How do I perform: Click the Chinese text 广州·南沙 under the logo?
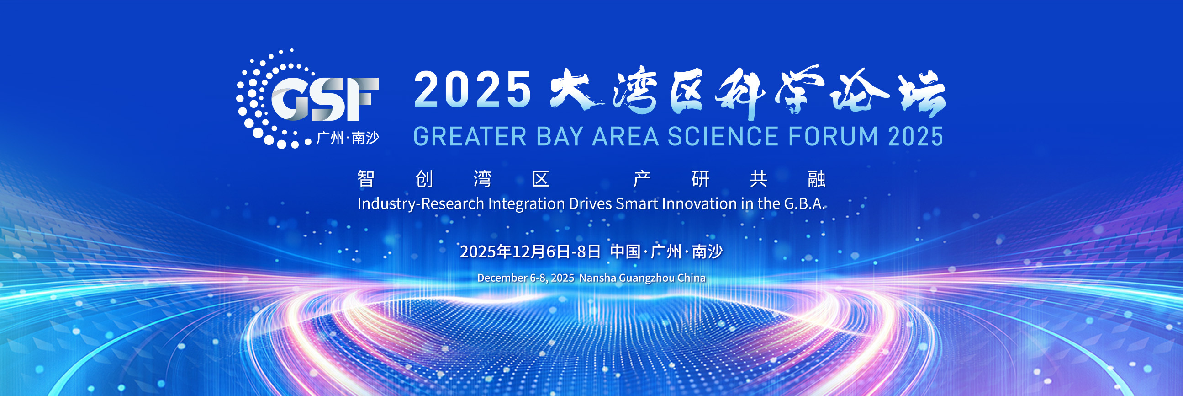click(x=348, y=138)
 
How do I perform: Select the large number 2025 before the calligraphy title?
click(x=473, y=90)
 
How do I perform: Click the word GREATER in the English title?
click(x=470, y=137)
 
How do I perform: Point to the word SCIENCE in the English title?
click(x=723, y=137)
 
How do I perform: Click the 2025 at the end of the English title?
click(x=915, y=137)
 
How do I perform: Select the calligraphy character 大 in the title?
click(x=577, y=90)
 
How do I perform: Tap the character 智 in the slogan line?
click(x=366, y=179)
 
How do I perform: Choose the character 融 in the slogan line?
click(x=817, y=179)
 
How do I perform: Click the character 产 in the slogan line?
click(x=642, y=179)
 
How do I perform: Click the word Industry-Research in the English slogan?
click(x=421, y=204)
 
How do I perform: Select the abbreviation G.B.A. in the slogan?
click(x=804, y=203)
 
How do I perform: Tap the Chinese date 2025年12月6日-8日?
click(x=530, y=252)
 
